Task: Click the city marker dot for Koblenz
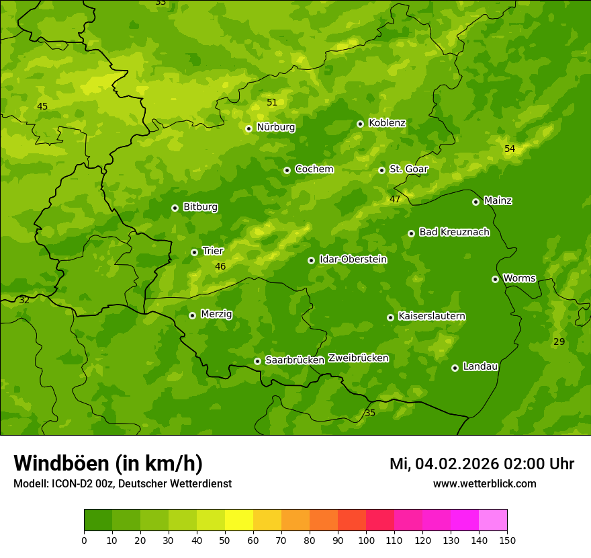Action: point(360,124)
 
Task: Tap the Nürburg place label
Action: point(275,127)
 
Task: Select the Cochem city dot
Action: point(287,170)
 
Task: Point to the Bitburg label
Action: point(200,207)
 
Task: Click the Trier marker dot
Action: point(194,252)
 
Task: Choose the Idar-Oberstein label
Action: point(353,260)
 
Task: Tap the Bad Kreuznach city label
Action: point(454,232)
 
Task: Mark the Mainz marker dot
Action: point(475,202)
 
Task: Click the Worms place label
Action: point(518,278)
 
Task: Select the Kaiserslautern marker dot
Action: point(390,317)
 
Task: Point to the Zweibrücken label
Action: point(358,358)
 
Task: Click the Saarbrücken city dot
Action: point(257,361)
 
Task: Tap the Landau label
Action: point(480,366)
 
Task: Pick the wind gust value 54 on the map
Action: point(510,149)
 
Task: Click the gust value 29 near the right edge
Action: point(559,342)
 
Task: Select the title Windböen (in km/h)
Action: point(108,463)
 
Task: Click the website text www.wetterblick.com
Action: point(484,483)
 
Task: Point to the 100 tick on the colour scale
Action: point(366,540)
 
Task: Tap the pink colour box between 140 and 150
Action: point(493,520)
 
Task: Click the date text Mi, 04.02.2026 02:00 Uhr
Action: point(482,464)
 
